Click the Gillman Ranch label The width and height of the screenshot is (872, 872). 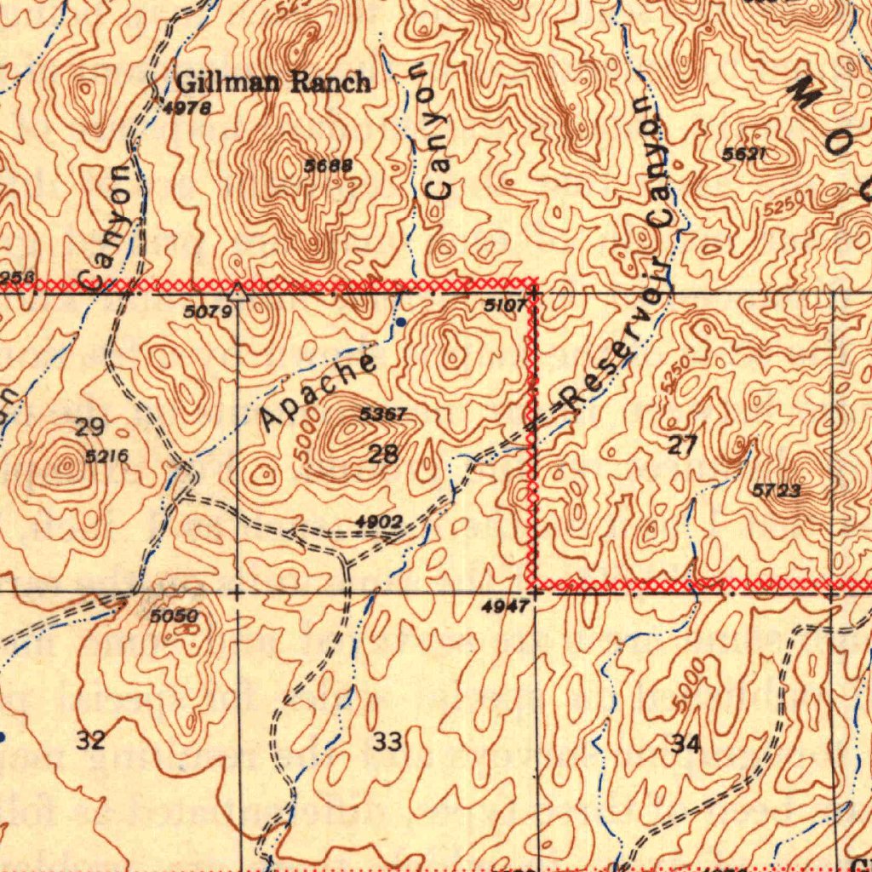point(273,83)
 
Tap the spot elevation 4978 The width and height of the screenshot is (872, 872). point(186,107)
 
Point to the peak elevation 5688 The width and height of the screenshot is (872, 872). point(328,165)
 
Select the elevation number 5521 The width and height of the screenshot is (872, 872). point(744,154)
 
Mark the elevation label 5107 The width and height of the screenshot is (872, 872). point(505,305)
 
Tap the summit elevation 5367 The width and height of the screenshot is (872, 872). point(383,415)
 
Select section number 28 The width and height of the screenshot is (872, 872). point(383,454)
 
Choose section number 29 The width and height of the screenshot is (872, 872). point(89,427)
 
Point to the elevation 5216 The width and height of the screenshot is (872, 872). point(106,457)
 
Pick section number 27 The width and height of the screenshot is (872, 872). point(683,445)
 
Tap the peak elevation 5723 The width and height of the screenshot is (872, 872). point(777,490)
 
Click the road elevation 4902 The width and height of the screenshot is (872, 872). point(378,521)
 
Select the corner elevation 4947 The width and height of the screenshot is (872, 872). point(505,606)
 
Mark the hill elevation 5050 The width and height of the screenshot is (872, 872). point(174,616)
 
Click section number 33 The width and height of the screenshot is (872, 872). point(387,742)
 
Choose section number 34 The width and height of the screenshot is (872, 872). point(686,743)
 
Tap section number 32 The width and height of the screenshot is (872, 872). point(91,740)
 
